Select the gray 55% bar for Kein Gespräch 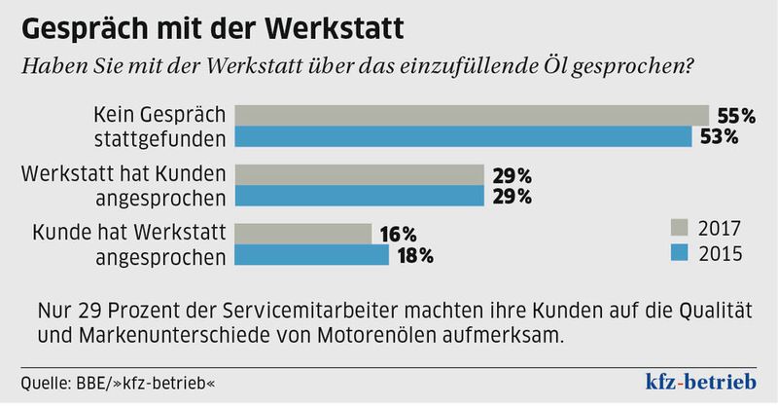point(472,115)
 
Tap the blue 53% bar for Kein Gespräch point(465,136)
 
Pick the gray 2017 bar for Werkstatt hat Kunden point(360,174)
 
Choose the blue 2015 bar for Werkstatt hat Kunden point(360,196)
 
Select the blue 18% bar point(312,255)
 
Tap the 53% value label point(718,136)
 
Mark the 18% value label point(413,256)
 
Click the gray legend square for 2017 point(680,230)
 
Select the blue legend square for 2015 point(680,254)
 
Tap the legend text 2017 point(721,230)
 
